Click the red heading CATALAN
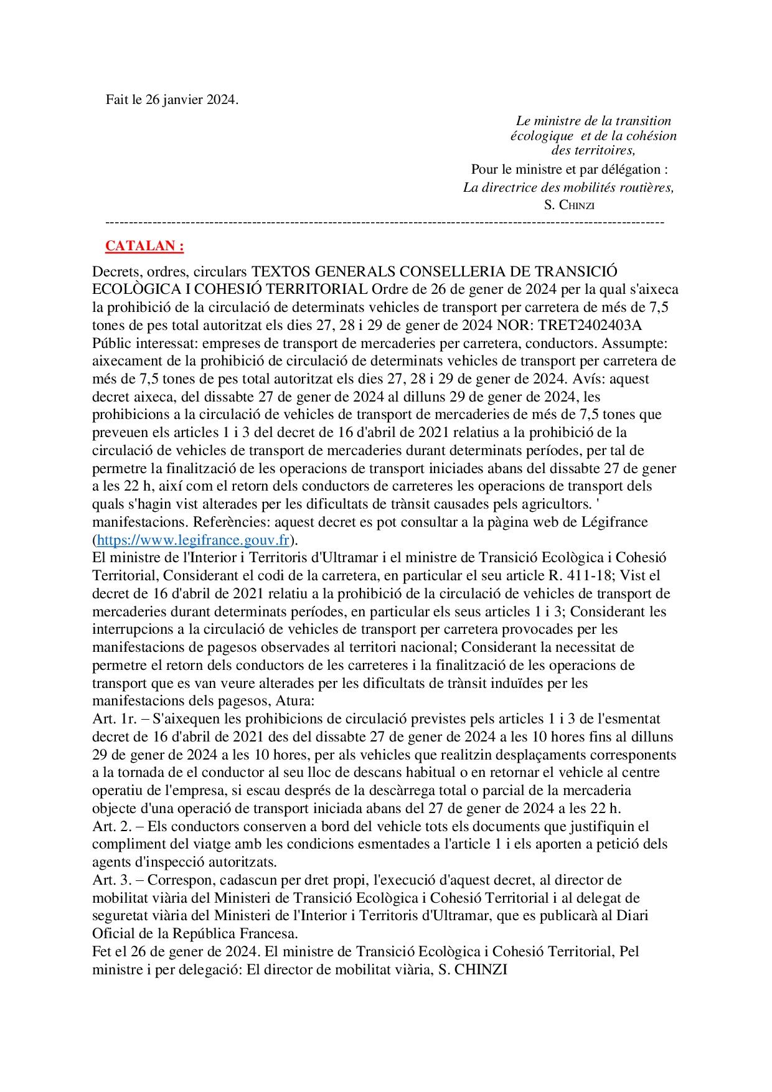point(144,246)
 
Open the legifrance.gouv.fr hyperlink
point(193,540)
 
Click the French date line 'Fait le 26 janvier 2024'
point(172,100)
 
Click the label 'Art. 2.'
point(111,826)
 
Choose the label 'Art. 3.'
point(111,880)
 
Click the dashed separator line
point(385,222)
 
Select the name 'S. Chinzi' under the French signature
point(569,205)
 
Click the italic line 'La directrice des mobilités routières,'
point(568,187)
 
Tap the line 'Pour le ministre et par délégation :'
point(569,169)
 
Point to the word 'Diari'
point(632,915)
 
